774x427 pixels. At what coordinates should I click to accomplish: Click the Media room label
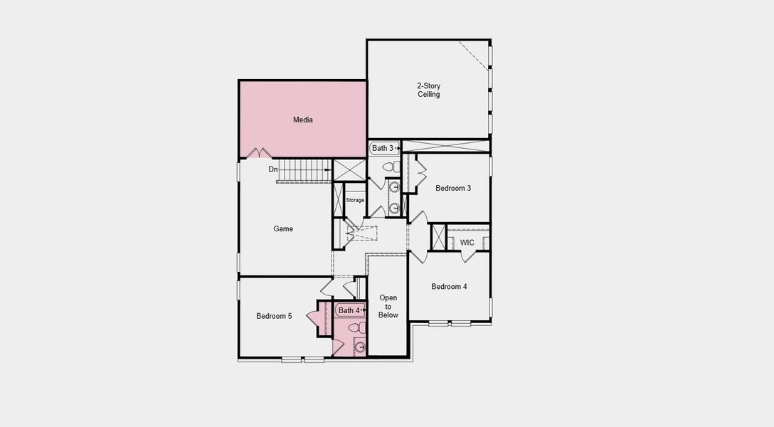click(303, 120)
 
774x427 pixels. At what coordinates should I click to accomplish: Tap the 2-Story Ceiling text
click(428, 90)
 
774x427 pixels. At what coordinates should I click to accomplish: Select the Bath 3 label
click(382, 148)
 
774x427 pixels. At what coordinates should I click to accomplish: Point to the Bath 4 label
click(349, 310)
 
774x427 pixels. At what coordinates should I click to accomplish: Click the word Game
click(283, 229)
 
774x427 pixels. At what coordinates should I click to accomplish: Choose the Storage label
click(355, 201)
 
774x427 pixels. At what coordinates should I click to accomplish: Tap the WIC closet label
click(467, 243)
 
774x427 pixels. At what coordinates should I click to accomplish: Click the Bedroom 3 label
click(453, 188)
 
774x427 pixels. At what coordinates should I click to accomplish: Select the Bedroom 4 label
click(449, 286)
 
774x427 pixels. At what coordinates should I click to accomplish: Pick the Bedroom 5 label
click(274, 316)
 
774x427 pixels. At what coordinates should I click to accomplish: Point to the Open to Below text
click(388, 307)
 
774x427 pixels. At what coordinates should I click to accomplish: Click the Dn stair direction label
click(273, 169)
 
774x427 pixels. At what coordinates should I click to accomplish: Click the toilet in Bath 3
click(390, 167)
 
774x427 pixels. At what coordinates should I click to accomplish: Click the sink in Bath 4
click(360, 347)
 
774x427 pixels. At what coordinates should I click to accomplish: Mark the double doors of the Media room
click(259, 153)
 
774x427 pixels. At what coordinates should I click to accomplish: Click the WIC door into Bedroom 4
click(468, 256)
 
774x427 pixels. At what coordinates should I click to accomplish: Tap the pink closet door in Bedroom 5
click(312, 317)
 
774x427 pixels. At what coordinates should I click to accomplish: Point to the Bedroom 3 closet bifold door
click(420, 172)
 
